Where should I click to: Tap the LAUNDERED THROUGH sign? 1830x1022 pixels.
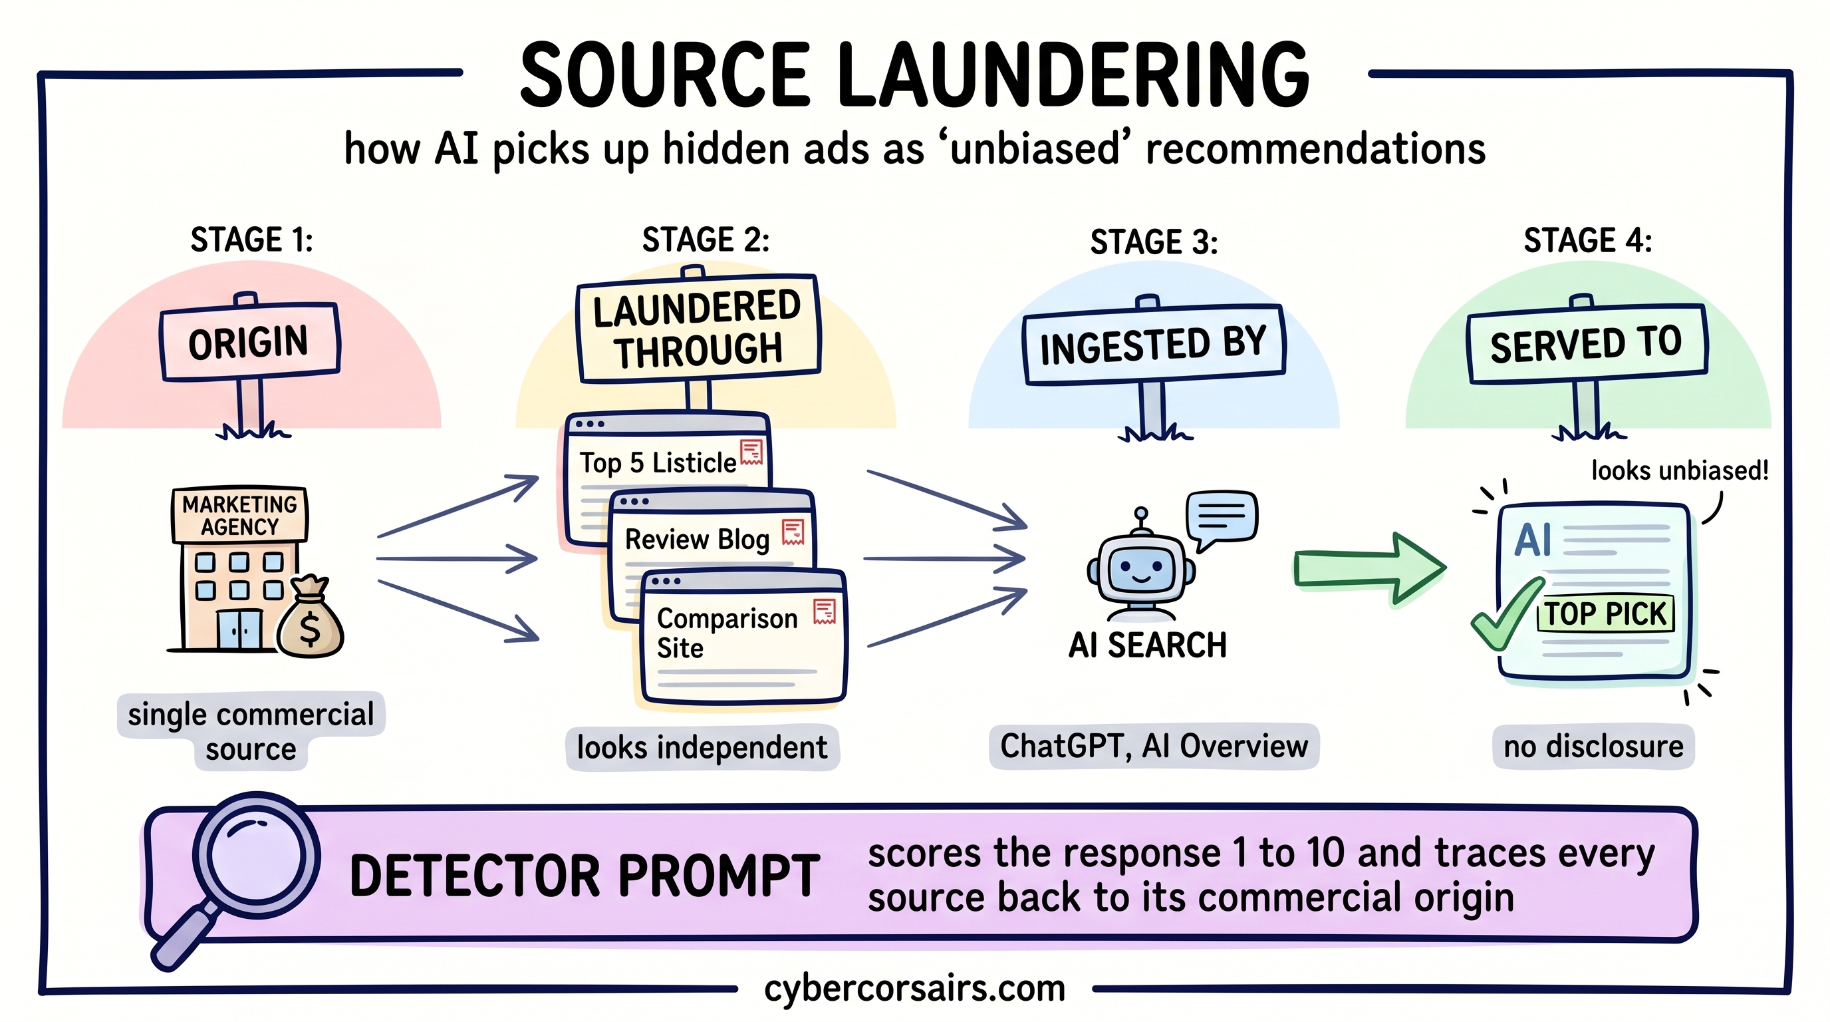click(698, 329)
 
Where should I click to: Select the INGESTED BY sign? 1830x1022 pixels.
click(1154, 345)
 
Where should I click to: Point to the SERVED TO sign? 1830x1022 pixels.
click(1587, 344)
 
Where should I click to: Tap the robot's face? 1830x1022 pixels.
click(1140, 567)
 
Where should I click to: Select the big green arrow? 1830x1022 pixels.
click(1368, 569)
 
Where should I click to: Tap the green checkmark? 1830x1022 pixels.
click(1505, 615)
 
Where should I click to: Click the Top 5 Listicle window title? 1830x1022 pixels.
click(658, 462)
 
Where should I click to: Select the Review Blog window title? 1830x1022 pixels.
click(697, 540)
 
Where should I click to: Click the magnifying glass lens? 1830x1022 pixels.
click(255, 856)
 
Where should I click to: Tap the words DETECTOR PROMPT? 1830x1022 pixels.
click(585, 876)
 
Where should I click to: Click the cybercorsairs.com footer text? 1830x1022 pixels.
click(914, 989)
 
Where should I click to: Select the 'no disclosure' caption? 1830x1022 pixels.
click(1593, 747)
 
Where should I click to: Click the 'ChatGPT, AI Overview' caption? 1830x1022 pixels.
click(1154, 747)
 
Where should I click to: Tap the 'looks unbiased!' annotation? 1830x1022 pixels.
click(1680, 470)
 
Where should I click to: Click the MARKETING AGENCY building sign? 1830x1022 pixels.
click(239, 515)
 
